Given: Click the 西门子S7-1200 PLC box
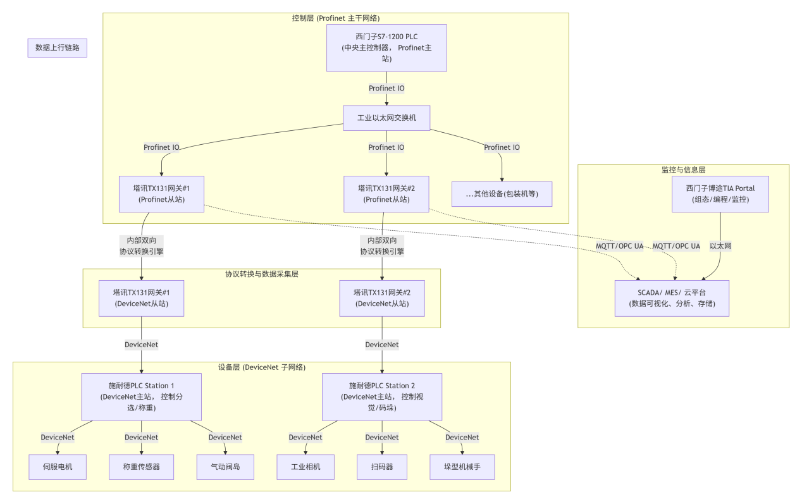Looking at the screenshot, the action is click(x=386, y=48).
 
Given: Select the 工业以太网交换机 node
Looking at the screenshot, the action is click(x=386, y=118).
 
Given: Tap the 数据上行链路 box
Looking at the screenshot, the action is click(x=58, y=47).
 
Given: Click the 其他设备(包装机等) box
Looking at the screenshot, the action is click(x=502, y=194).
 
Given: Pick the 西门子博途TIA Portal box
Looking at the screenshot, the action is click(x=720, y=194).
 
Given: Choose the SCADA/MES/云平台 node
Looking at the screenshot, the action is click(x=672, y=298).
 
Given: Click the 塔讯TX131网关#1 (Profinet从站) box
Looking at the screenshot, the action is click(x=161, y=194).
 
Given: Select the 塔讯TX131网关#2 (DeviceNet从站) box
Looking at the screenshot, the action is click(x=382, y=298).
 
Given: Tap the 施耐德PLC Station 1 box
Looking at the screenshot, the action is click(x=142, y=397).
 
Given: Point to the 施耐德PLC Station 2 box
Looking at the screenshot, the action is click(x=382, y=397).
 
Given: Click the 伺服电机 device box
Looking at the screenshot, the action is click(x=58, y=467).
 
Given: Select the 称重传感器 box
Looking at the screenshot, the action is click(x=142, y=467).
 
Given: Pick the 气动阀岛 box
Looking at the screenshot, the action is click(x=225, y=467).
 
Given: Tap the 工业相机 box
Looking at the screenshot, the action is click(x=305, y=467).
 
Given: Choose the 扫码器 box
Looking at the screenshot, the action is click(x=382, y=467).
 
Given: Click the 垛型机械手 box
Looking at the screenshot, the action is click(x=462, y=467).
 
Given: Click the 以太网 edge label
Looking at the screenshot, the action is click(x=720, y=246).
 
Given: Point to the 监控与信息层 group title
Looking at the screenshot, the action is click(x=683, y=169).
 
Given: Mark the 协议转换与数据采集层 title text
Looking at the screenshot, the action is click(x=262, y=274).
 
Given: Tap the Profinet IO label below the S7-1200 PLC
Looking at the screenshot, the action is click(x=386, y=89).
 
